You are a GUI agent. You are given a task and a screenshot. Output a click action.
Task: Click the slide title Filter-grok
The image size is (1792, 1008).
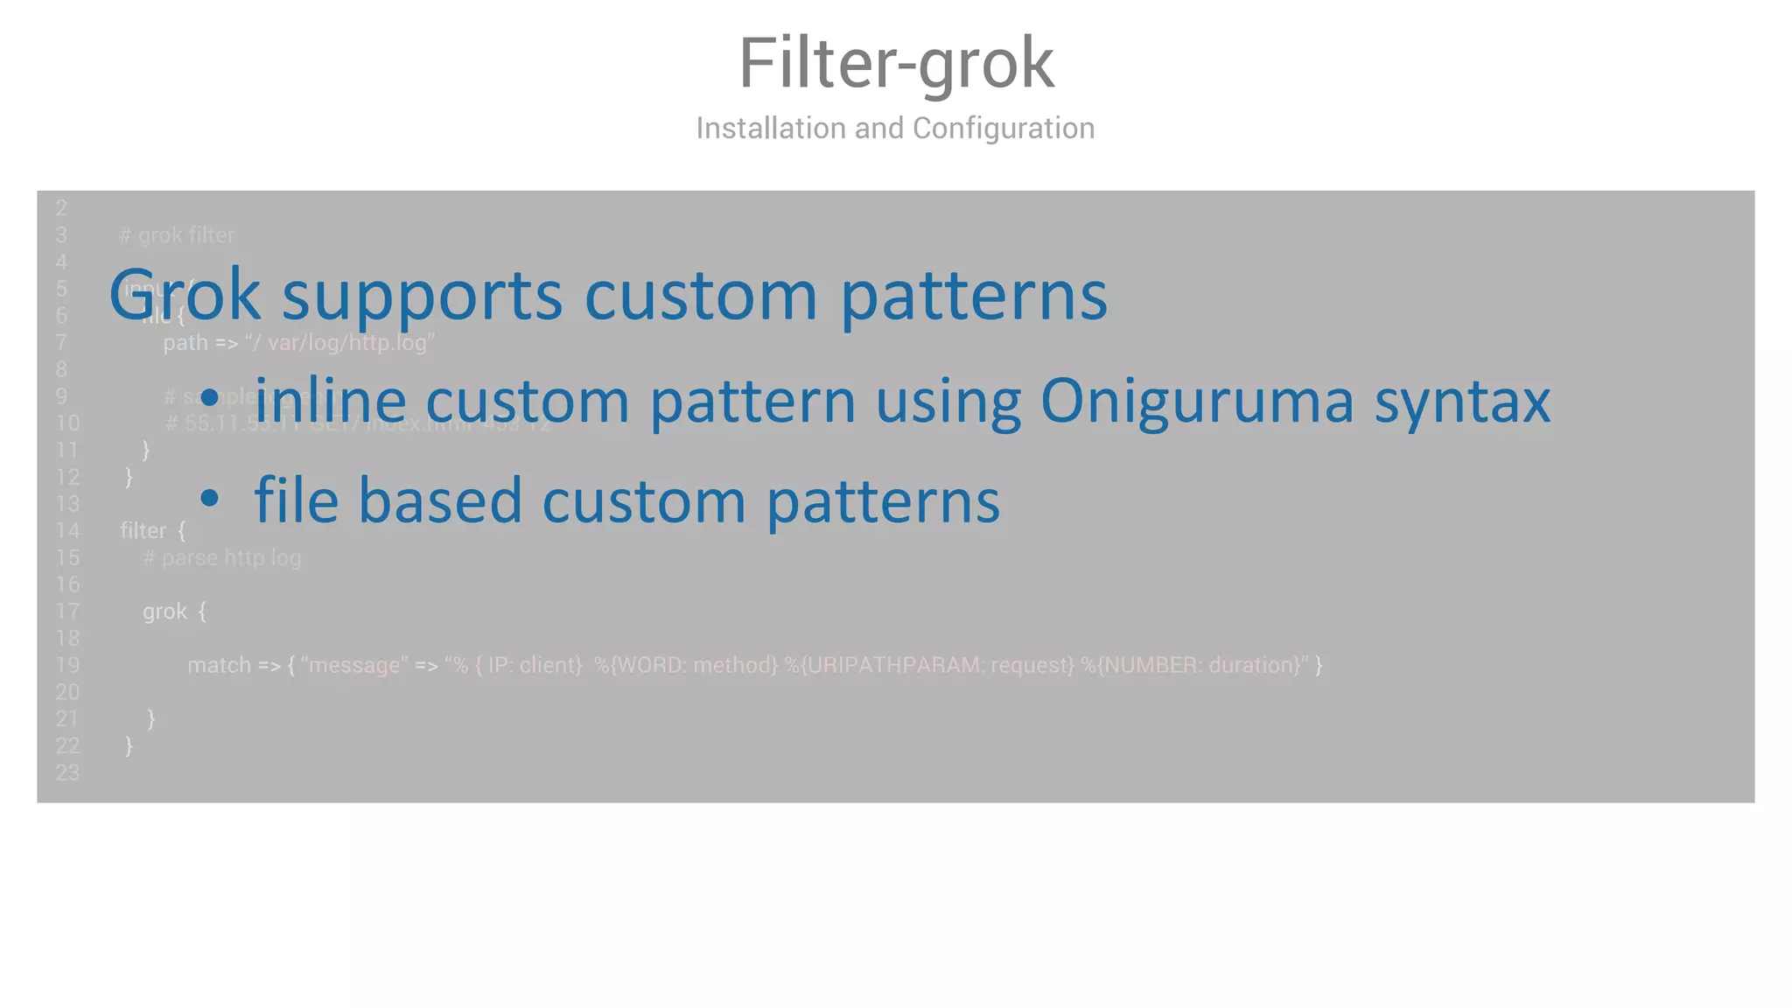click(x=896, y=63)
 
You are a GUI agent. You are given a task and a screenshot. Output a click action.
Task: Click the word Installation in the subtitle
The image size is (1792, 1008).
click(x=771, y=129)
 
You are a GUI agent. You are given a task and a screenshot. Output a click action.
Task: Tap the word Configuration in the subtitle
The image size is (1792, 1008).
click(x=1003, y=129)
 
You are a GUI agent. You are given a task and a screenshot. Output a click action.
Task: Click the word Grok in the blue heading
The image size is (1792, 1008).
click(x=185, y=296)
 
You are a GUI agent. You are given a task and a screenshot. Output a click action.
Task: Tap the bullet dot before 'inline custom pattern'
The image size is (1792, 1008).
click(x=209, y=399)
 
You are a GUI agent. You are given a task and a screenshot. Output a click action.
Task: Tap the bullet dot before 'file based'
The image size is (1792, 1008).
click(x=209, y=499)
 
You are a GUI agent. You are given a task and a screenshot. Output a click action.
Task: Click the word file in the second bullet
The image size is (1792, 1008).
click(x=296, y=500)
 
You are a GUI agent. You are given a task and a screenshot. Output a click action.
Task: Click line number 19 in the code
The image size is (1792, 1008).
click(x=67, y=665)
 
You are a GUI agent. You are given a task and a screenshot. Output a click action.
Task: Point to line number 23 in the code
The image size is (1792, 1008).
click(x=67, y=773)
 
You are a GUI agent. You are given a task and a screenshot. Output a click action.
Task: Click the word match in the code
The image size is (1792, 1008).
click(x=219, y=665)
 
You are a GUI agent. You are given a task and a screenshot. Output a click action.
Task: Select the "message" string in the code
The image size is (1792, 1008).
click(x=353, y=665)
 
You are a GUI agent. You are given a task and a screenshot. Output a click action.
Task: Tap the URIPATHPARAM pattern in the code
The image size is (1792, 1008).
click(x=928, y=665)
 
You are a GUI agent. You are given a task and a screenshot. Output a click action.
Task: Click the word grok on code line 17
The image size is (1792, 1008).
click(x=164, y=612)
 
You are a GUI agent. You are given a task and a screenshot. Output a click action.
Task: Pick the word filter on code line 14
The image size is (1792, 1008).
click(x=143, y=531)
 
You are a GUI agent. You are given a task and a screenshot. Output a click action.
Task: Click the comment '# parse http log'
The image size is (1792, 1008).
click(x=222, y=558)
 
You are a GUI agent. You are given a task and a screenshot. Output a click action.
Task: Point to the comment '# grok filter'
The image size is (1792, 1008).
click(x=177, y=235)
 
